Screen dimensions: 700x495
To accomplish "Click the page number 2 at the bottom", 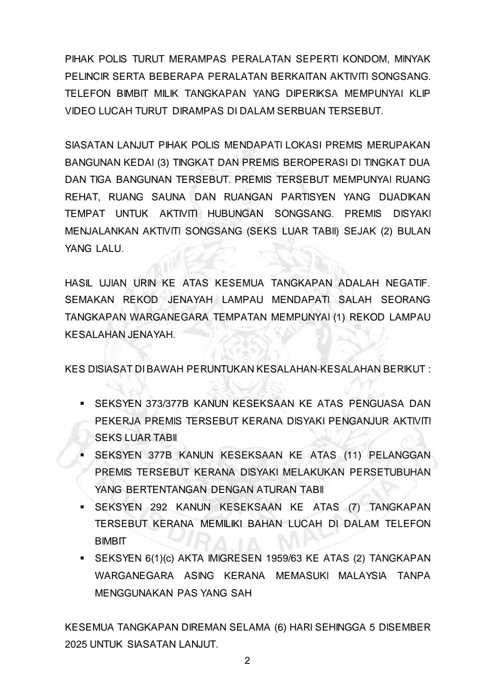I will click(247, 661).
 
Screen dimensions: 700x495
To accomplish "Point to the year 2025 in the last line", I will click(76, 645).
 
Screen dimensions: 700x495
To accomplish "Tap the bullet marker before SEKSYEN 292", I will click(82, 507).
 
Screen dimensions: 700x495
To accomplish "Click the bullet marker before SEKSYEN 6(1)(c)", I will click(82, 558).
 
